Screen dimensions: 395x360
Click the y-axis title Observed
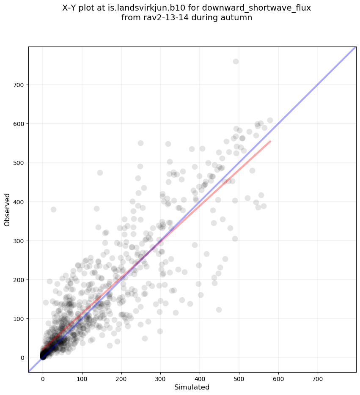(7, 210)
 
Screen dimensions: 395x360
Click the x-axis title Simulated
(192, 387)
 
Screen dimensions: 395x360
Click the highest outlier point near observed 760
(236, 61)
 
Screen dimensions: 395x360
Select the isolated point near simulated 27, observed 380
(53, 209)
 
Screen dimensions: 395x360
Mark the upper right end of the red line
(270, 141)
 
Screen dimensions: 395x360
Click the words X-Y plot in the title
(80, 8)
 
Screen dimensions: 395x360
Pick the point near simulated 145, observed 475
(100, 173)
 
